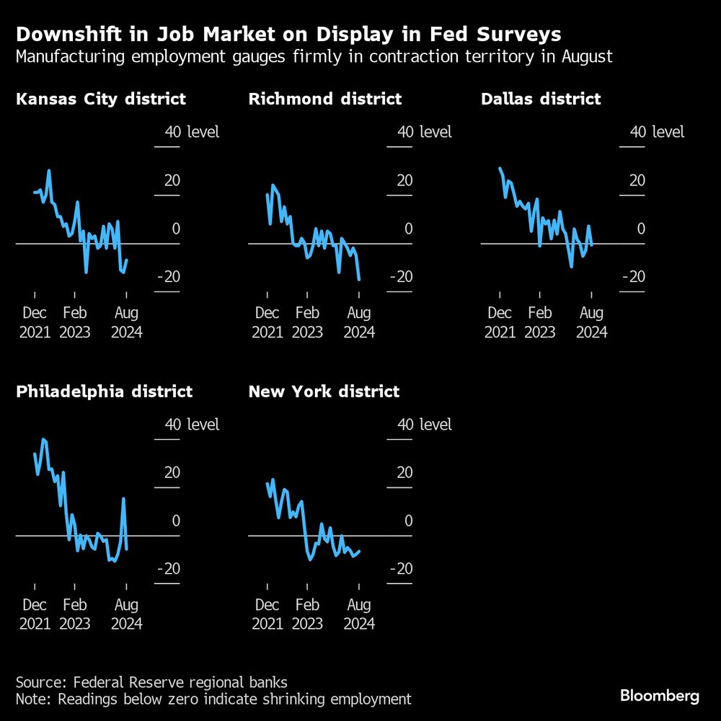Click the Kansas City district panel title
[101, 99]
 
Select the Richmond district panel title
[324, 99]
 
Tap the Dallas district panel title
[541, 99]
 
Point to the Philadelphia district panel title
[104, 392]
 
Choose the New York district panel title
[324, 392]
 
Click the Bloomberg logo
[660, 696]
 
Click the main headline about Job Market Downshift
[288, 34]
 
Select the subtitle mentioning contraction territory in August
[314, 56]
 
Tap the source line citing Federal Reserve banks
[151, 681]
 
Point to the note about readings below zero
[213, 699]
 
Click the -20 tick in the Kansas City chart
[167, 277]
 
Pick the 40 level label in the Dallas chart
[657, 132]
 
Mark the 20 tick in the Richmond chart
[404, 180]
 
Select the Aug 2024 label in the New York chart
[359, 614]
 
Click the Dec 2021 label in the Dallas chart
[500, 322]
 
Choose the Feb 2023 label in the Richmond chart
[307, 322]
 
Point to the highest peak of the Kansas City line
[49, 171]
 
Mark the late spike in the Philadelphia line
[124, 498]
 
